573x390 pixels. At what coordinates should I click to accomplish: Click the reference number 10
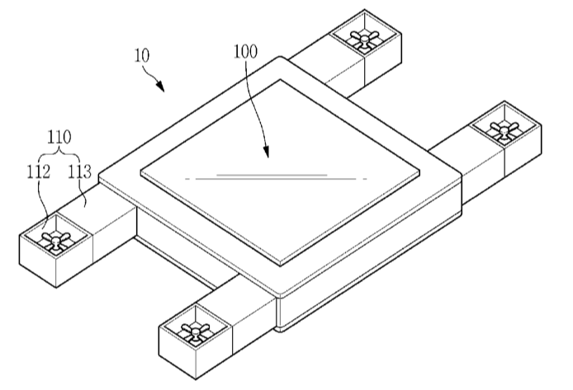point(142,55)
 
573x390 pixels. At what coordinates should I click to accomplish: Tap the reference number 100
point(245,51)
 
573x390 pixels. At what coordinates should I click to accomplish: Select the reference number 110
point(59,137)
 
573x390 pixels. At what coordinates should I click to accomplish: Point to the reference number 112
point(38,172)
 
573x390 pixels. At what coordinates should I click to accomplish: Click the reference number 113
point(79,172)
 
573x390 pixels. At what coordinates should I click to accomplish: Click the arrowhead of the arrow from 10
point(160,86)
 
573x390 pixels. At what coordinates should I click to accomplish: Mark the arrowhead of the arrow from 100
point(266,152)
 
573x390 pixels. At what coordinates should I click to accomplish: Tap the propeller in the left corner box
point(55,241)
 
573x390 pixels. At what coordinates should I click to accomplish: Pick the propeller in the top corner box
point(364,38)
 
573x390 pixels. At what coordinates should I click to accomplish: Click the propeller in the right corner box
point(504,129)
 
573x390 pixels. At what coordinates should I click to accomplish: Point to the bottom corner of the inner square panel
point(280,265)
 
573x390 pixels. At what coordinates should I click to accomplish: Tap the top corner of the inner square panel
point(280,79)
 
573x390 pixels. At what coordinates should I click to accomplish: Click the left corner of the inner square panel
point(140,171)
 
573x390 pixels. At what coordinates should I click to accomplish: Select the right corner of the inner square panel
point(419,172)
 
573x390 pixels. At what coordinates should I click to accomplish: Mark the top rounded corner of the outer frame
point(280,58)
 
